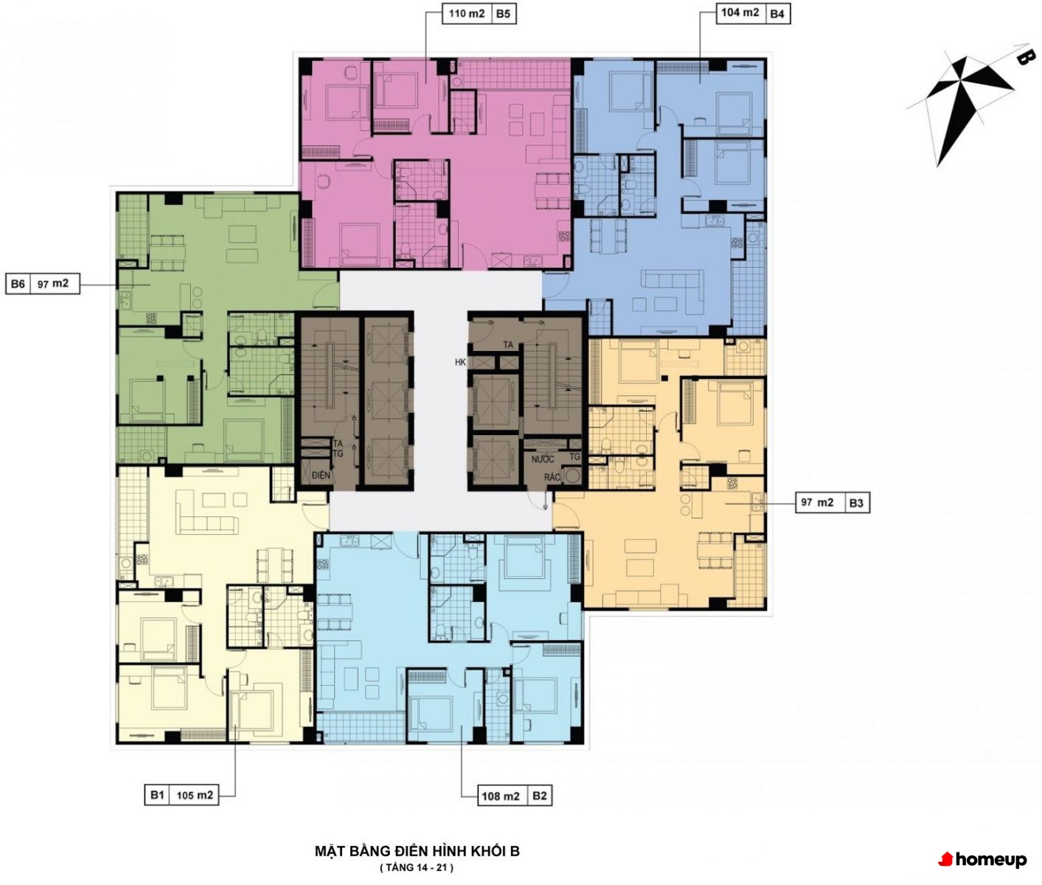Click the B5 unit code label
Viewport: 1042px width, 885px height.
point(503,14)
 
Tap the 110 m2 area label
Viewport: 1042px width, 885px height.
point(467,13)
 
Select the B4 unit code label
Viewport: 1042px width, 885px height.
point(777,14)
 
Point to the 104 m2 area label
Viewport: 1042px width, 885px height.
point(740,13)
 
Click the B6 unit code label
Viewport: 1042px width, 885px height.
point(18,284)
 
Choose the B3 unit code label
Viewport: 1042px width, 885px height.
point(856,503)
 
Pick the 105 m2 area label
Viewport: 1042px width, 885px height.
point(195,795)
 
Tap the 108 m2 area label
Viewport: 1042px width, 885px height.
point(501,796)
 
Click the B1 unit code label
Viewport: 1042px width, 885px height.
point(157,795)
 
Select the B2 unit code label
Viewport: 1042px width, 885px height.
point(539,796)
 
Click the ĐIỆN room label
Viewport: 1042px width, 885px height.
point(321,475)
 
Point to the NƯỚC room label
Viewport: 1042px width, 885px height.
point(543,459)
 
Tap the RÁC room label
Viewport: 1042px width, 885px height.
point(552,476)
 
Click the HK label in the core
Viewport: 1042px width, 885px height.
point(460,362)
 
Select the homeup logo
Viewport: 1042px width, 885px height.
point(982,860)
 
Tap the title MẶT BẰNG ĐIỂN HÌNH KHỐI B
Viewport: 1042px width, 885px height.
point(417,851)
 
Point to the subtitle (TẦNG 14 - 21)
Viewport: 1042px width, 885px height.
point(417,868)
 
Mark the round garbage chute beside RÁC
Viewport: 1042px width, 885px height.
point(572,476)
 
